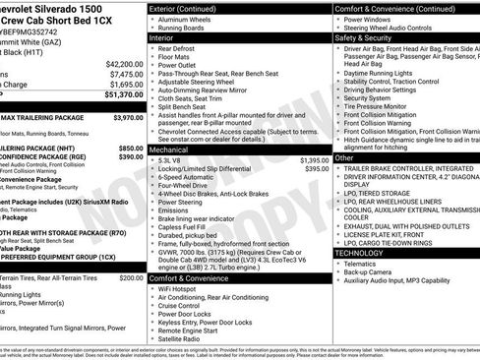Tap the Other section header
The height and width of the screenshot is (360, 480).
click(x=344, y=157)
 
